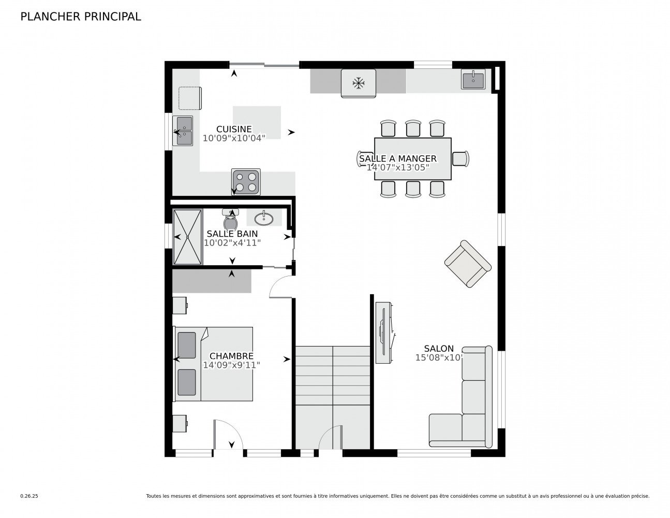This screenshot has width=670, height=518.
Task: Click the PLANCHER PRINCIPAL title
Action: pyautogui.click(x=80, y=17)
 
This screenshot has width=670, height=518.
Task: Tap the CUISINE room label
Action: pyautogui.click(x=234, y=129)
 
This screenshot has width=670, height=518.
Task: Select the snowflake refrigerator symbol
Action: pyautogui.click(x=358, y=82)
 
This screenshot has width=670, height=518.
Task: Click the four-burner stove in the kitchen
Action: pyautogui.click(x=246, y=182)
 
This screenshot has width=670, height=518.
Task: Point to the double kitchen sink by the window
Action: pyautogui.click(x=183, y=131)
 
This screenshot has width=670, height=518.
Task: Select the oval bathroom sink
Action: pyautogui.click(x=264, y=218)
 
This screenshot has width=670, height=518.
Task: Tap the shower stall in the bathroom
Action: pyautogui.click(x=187, y=237)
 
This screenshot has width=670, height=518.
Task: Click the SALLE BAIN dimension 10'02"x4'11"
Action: pyautogui.click(x=232, y=242)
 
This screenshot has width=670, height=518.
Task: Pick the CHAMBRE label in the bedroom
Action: pyautogui.click(x=231, y=356)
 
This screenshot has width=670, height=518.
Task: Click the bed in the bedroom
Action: pyautogui.click(x=214, y=364)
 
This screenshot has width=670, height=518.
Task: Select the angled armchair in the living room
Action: pyautogui.click(x=468, y=264)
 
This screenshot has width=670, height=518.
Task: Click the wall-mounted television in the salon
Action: pyautogui.click(x=383, y=333)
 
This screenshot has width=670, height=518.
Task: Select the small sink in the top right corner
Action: pyautogui.click(x=473, y=80)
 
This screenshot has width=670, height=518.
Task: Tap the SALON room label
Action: pyautogui.click(x=439, y=349)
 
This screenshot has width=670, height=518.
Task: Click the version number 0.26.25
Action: pyautogui.click(x=29, y=496)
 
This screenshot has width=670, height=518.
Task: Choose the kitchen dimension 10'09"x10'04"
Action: pyautogui.click(x=234, y=138)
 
